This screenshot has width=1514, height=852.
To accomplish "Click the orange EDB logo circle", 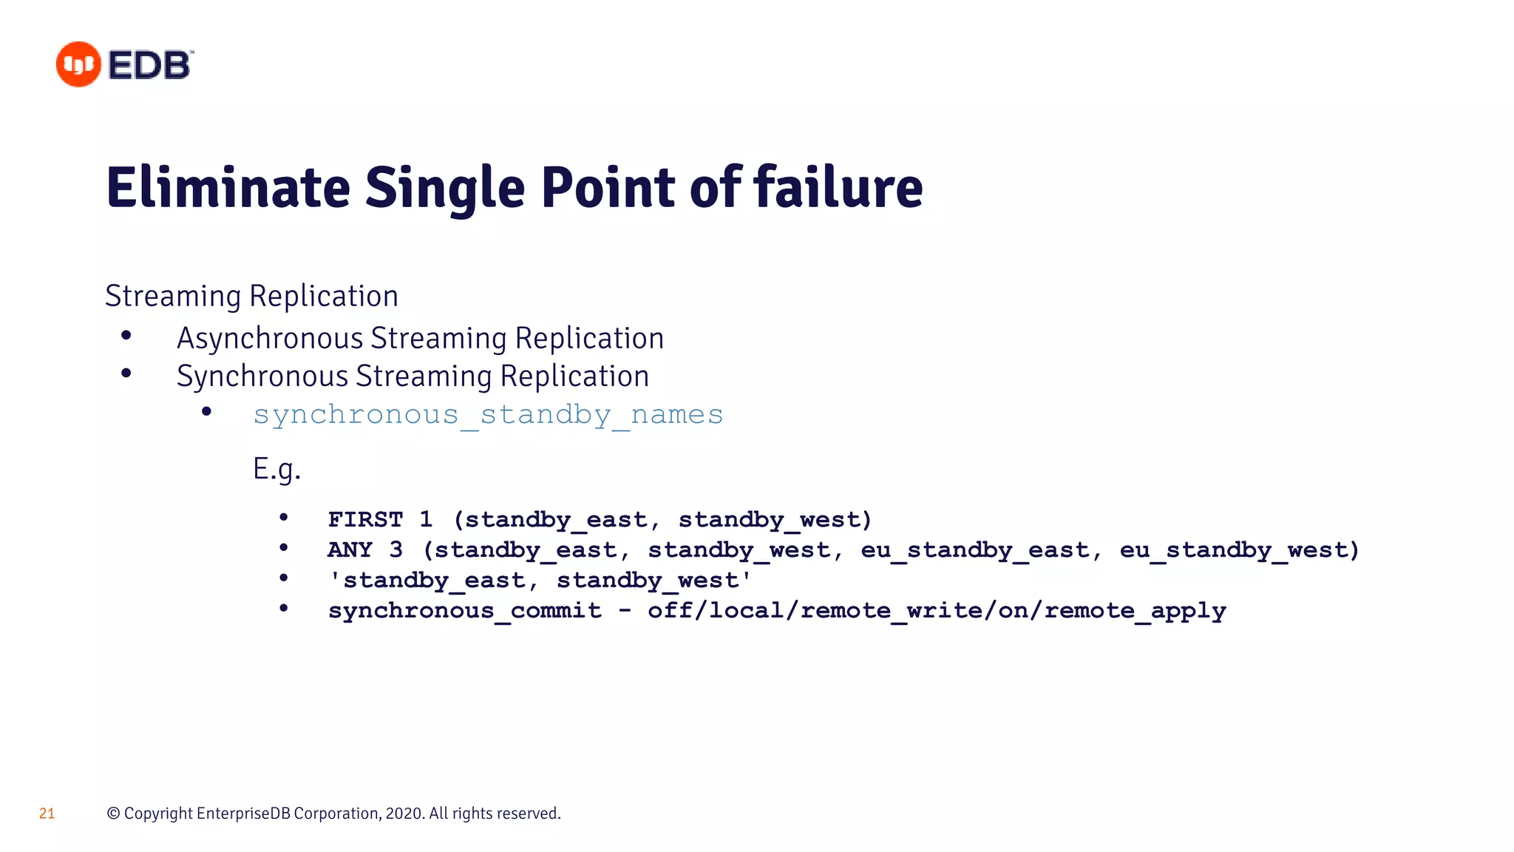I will pos(78,64).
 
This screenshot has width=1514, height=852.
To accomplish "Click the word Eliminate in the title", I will pos(228,188).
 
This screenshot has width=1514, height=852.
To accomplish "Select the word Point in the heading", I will pos(608,188).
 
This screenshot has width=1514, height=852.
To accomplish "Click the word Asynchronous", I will pos(270,339).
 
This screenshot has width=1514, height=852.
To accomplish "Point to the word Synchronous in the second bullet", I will pos(262,376).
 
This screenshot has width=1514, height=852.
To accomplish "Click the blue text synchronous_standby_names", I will pos(488,415).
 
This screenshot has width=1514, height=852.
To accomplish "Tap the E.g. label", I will pos(276,469).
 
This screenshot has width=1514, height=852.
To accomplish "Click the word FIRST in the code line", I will pos(365,520).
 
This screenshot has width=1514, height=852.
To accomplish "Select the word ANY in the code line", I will pos(350,550).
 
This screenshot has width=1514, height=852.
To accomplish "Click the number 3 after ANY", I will pos(396,550).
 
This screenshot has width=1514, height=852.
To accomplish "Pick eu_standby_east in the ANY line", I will pos(975,551).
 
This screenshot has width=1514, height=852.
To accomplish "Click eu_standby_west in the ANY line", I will pos(1234,551).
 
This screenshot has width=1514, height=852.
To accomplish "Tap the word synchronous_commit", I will pos(464,611).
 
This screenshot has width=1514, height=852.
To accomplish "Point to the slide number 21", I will pos(47,814).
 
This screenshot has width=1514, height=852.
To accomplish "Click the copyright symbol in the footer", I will pos(113,814).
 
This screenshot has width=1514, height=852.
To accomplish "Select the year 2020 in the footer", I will pos(404,814).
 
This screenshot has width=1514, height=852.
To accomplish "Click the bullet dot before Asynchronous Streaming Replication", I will pos(126,337).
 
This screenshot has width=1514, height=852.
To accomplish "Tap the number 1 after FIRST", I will pos(426,519).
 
